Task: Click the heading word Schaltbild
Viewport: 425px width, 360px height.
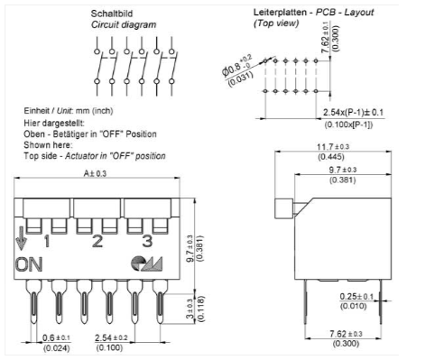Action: [112, 14]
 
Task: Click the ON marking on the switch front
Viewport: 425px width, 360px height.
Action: [29, 264]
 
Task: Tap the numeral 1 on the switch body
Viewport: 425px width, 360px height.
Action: [47, 241]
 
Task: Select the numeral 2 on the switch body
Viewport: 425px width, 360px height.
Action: [97, 241]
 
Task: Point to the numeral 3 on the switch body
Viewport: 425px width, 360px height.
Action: [147, 241]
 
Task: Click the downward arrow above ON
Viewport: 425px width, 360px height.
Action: [21, 238]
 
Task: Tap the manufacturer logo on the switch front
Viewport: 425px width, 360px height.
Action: [147, 263]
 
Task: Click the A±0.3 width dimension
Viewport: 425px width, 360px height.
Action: [95, 173]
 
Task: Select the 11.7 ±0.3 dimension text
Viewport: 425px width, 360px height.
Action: [333, 147]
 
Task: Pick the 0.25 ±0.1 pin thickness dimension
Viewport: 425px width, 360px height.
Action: [356, 297]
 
